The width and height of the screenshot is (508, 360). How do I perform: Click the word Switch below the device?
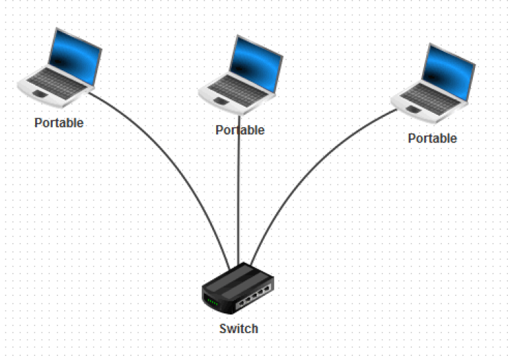238,329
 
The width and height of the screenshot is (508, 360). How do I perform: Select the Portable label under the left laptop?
59,123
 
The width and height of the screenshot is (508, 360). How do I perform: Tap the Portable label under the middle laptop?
240,130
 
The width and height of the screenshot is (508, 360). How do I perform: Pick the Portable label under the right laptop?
432,138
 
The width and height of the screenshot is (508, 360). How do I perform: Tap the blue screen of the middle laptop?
257,60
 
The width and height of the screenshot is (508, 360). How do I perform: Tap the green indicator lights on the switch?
212,301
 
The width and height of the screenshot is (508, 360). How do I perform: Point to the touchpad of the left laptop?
41,92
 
